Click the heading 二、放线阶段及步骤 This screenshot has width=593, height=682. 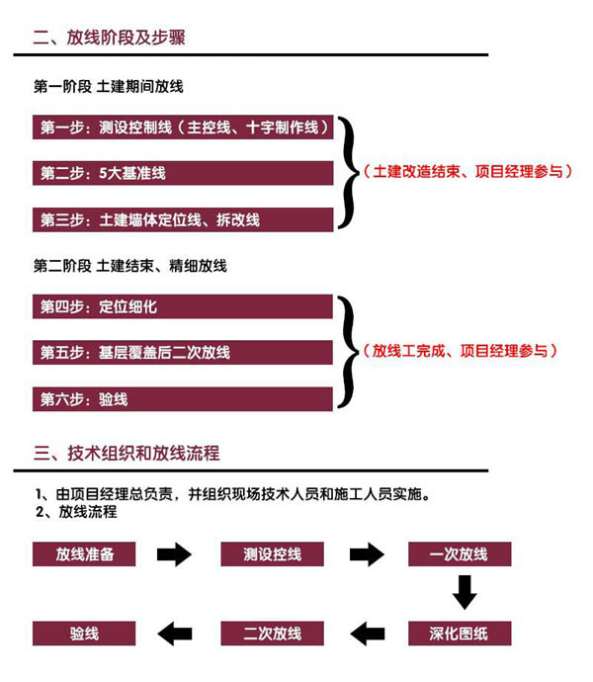pos(109,37)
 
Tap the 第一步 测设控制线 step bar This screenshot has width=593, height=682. pos(183,127)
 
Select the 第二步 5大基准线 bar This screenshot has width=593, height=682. pos(183,173)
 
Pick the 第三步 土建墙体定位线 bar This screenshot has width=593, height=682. pos(183,219)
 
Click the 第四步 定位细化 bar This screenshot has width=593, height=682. pos(183,306)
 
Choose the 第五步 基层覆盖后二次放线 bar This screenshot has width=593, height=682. pos(183,352)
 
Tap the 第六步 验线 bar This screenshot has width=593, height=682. pos(183,399)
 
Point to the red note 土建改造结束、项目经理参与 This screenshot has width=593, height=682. pos(467,171)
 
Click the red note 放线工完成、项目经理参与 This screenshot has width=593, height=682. pos(460,351)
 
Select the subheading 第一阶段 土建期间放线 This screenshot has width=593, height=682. pos(109,87)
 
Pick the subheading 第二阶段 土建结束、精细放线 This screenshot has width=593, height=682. pos(130,265)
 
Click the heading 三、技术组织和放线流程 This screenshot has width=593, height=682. pos(127,454)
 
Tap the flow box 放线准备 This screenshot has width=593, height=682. pos(84,554)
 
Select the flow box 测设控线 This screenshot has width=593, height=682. pos(273,554)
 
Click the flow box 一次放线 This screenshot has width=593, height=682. pos(460,554)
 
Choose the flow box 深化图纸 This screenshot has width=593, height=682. pos(460,634)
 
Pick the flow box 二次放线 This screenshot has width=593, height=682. pos(273,634)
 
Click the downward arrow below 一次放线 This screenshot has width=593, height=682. pos(465,592)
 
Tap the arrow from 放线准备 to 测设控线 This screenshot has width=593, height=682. pos(174,554)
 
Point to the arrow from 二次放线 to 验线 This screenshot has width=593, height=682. pos(175,634)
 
